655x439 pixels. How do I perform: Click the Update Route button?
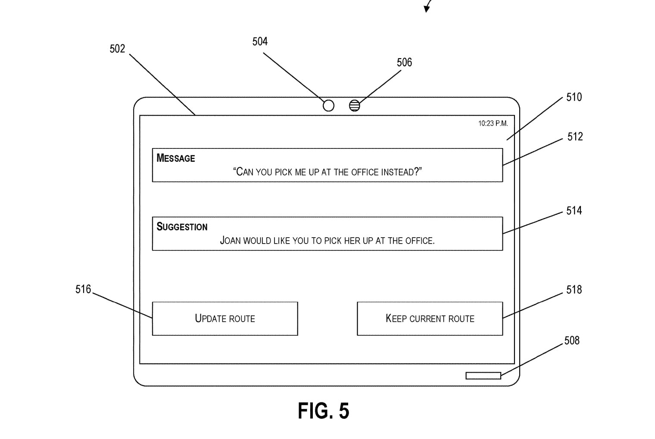tap(225, 318)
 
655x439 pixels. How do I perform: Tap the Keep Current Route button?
tap(430, 318)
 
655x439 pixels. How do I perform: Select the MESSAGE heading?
tap(176, 158)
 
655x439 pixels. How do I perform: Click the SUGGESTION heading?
tap(182, 227)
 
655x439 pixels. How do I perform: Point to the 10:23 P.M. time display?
tap(493, 124)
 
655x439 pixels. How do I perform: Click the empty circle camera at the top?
tap(328, 105)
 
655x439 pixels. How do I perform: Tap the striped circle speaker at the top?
tap(354, 105)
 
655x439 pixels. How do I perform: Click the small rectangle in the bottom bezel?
tap(483, 376)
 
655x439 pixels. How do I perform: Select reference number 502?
tap(117, 49)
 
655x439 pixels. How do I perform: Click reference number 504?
tap(260, 42)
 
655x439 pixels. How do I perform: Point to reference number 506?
tap(404, 63)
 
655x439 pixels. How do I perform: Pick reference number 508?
tap(572, 341)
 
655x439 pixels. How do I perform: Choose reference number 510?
tap(574, 98)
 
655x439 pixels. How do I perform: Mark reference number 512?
tap(575, 137)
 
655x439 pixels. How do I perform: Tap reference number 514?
tap(574, 211)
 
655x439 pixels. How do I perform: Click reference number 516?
tap(83, 290)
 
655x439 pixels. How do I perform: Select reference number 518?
tap(574, 290)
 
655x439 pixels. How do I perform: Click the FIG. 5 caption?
tap(323, 411)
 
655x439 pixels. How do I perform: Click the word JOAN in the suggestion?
tap(230, 241)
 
